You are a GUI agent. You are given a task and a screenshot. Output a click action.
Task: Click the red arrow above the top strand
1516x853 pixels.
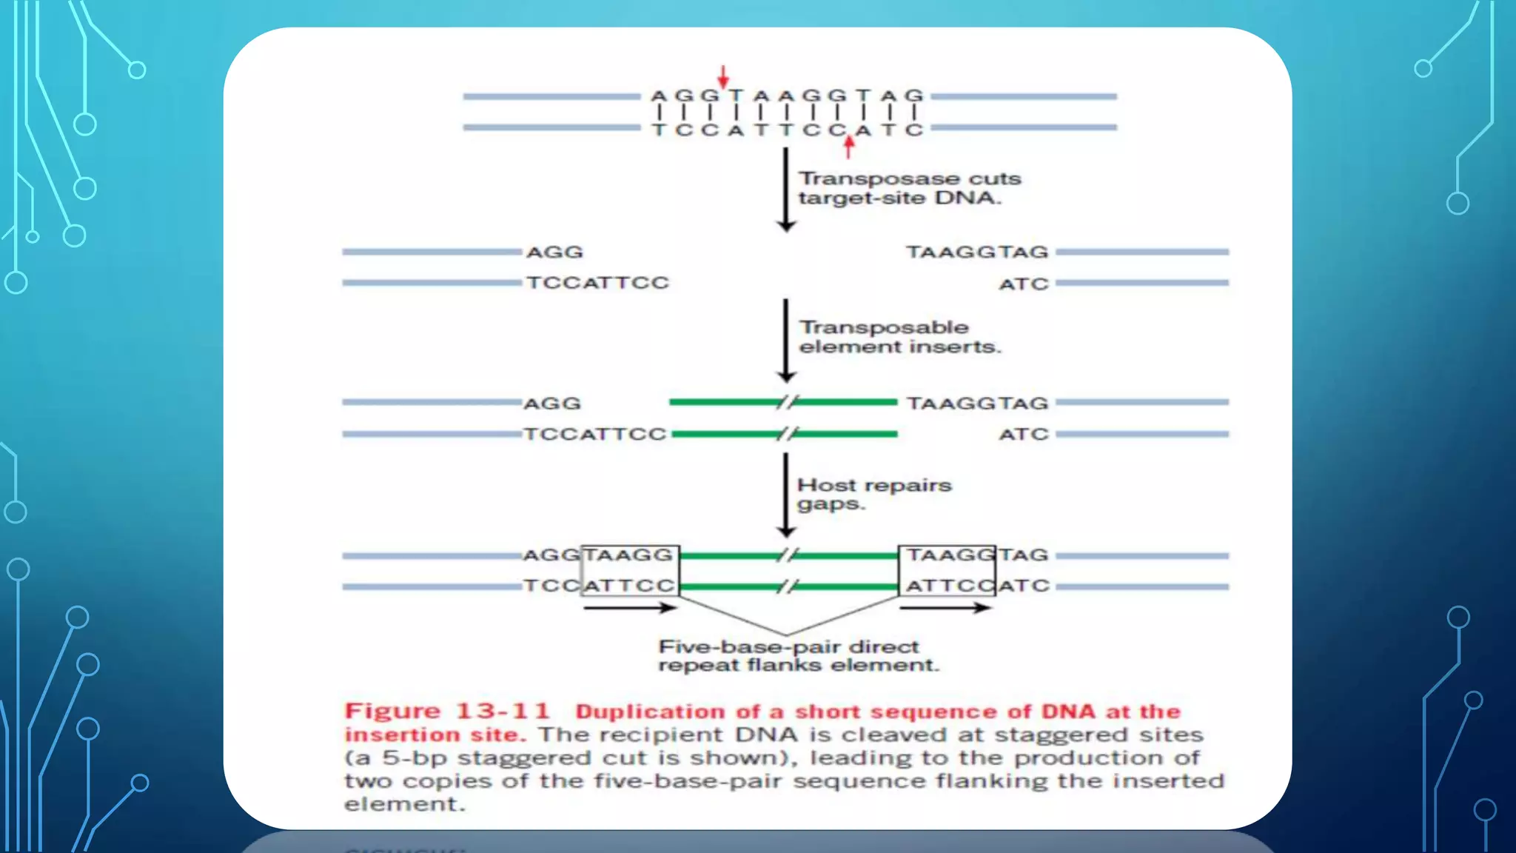723,76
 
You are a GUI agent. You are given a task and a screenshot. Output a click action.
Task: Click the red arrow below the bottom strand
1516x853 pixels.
848,147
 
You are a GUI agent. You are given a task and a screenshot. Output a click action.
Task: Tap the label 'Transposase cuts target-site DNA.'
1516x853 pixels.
909,188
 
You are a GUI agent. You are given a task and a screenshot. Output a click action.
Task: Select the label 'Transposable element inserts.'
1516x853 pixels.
899,337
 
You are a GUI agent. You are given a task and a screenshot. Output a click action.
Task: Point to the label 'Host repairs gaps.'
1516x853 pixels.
873,494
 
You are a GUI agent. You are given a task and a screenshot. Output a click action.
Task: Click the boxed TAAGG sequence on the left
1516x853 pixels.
629,555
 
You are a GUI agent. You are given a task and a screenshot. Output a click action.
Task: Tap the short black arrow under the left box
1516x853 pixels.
629,608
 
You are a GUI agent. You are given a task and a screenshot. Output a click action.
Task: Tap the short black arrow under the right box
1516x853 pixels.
945,608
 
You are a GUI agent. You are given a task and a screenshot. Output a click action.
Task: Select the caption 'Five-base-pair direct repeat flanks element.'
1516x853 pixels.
798,655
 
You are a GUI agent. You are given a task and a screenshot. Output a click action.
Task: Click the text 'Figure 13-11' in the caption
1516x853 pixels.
447,711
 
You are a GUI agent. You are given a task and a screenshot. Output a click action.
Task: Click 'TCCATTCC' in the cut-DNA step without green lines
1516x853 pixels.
597,283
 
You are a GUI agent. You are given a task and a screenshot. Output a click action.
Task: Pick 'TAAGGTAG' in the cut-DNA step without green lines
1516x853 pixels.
977,252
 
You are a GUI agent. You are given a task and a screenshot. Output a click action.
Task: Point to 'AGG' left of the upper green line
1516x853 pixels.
552,404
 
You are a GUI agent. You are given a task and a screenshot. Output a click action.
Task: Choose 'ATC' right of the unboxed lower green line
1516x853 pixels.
1024,435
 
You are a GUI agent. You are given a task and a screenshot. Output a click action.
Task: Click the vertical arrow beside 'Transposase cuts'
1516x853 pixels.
786,189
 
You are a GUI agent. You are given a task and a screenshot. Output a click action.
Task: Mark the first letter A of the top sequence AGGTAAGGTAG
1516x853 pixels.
659,96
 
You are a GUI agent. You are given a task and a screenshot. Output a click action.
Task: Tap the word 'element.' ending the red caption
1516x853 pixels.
404,804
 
